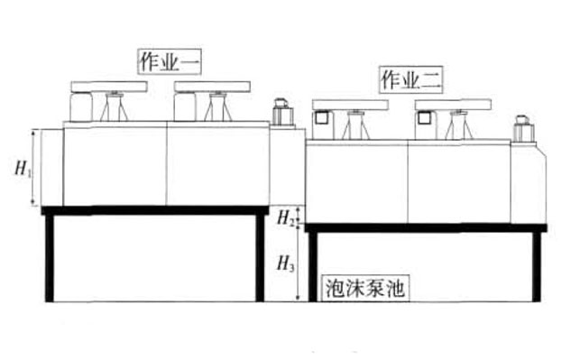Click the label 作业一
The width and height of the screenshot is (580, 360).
169,63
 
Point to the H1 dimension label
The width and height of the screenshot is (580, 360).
23,167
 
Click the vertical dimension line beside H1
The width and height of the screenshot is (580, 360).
35,167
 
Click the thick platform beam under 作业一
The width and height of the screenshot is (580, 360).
153,210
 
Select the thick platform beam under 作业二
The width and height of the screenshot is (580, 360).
424,227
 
